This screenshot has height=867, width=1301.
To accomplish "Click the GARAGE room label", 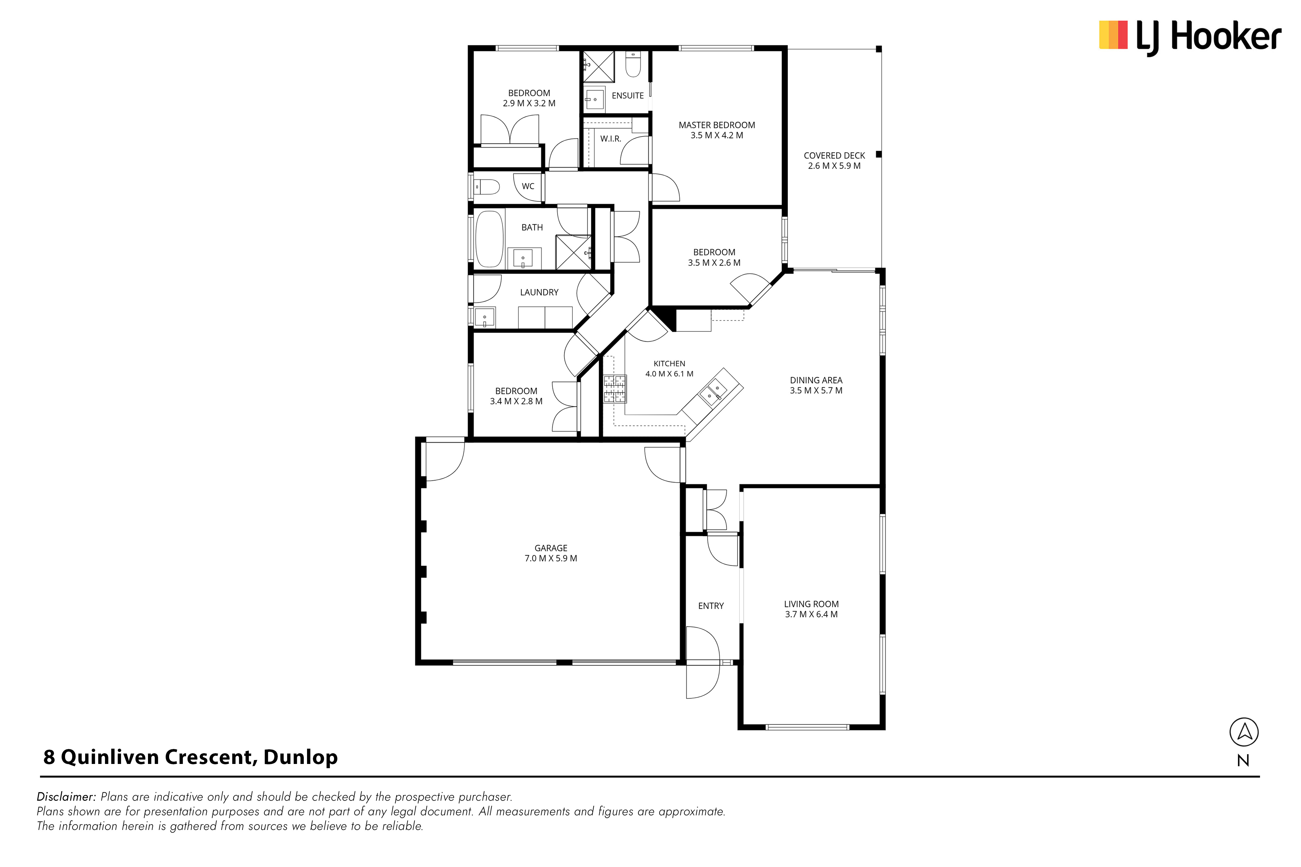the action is tap(551, 548).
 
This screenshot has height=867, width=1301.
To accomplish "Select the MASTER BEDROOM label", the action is tap(717, 125).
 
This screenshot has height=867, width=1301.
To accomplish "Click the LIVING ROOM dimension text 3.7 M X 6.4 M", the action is tap(811, 614).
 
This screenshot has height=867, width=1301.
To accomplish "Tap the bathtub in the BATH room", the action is tap(490, 238).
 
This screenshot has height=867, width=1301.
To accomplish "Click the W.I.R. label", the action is tap(611, 139).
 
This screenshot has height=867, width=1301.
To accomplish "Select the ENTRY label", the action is tap(711, 606).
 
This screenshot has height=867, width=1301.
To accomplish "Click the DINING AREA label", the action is tap(816, 380).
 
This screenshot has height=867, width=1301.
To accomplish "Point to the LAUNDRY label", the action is tap(539, 293).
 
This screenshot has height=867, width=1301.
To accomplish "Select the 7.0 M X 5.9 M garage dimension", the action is tap(551, 558).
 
